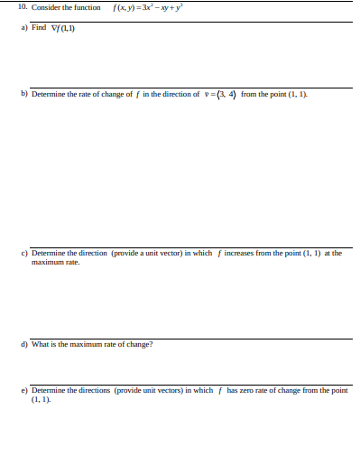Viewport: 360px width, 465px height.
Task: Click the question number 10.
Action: (23, 8)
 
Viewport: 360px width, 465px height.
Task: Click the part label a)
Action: (23, 27)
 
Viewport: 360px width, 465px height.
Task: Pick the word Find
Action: (39, 27)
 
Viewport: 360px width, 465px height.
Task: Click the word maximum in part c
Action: (47, 262)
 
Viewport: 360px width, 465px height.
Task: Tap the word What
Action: (40, 344)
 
